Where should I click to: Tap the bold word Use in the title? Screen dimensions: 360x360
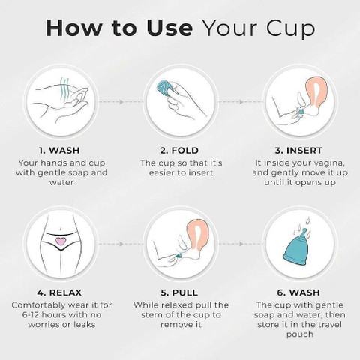pyautogui.click(x=169, y=28)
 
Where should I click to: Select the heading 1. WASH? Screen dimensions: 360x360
pyautogui.click(x=59, y=151)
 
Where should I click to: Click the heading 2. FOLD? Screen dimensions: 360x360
pyautogui.click(x=179, y=151)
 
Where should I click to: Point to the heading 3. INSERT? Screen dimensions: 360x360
pyautogui.click(x=298, y=151)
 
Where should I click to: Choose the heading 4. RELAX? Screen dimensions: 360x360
pyautogui.click(x=59, y=292)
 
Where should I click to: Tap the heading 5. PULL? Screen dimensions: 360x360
pyautogui.click(x=179, y=292)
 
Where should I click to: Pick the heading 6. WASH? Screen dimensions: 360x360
pyautogui.click(x=298, y=292)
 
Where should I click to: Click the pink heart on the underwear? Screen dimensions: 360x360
pyautogui.click(x=61, y=241)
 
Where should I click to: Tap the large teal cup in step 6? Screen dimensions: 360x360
pyautogui.click(x=298, y=248)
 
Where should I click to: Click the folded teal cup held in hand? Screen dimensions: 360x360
pyautogui.click(x=165, y=88)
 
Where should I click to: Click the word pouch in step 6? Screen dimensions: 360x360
pyautogui.click(x=300, y=334)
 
